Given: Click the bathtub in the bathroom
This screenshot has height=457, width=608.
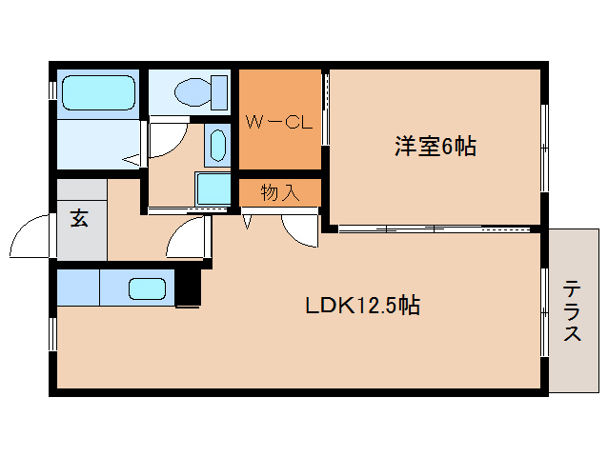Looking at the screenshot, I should coord(97,93).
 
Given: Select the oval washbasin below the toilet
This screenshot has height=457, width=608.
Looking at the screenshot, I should coord(217,147).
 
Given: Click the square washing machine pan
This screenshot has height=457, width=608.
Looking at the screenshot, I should coord(213,189).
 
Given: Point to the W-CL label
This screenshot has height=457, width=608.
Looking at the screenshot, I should coord(279,122).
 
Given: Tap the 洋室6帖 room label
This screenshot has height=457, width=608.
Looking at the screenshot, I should coord(436,147).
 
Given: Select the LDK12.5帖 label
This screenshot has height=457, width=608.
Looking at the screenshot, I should coord(362,306).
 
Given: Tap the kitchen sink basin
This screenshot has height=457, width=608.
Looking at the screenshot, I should coord(148,288).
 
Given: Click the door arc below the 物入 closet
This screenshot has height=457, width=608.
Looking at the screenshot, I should coord(298,229).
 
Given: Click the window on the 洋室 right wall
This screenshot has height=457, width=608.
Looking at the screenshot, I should coord(544,147).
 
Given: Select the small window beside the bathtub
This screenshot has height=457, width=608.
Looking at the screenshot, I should coord(52,91).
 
